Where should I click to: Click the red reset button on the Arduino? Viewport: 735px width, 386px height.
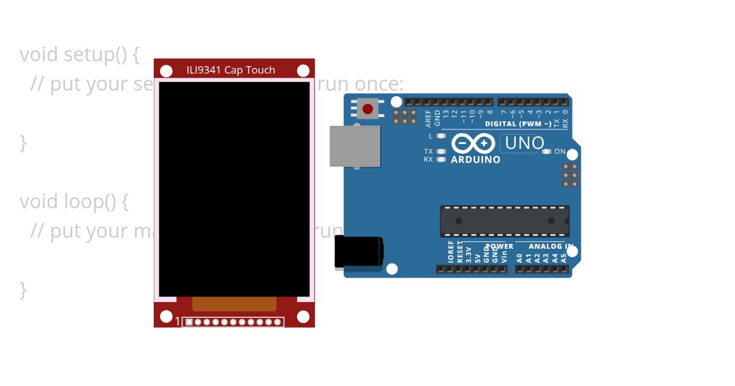[x=367, y=109]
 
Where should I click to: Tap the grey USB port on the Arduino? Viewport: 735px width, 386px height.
[x=355, y=146]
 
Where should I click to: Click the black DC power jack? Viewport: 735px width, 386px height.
[x=358, y=252]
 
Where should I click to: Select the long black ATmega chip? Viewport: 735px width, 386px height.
[x=504, y=221]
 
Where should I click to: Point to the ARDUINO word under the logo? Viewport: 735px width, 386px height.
[x=475, y=160]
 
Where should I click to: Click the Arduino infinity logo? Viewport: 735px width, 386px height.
[x=473, y=143]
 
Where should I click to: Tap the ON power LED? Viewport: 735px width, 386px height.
[x=546, y=151]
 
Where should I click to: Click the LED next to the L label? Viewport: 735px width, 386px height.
[x=441, y=136]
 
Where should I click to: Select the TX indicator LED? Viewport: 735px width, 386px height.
[x=441, y=151]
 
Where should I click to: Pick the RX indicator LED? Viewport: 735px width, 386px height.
[x=441, y=159]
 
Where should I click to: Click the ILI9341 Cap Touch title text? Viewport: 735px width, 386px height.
[x=231, y=70]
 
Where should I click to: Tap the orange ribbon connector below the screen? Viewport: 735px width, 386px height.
[x=234, y=304]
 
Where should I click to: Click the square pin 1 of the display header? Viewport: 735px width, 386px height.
[x=189, y=322]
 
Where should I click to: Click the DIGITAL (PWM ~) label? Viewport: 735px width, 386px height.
[x=518, y=124]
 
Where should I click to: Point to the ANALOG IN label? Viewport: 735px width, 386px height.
[x=551, y=246]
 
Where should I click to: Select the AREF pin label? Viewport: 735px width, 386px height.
[x=428, y=117]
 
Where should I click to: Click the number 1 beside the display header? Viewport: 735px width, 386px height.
[x=178, y=322]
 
